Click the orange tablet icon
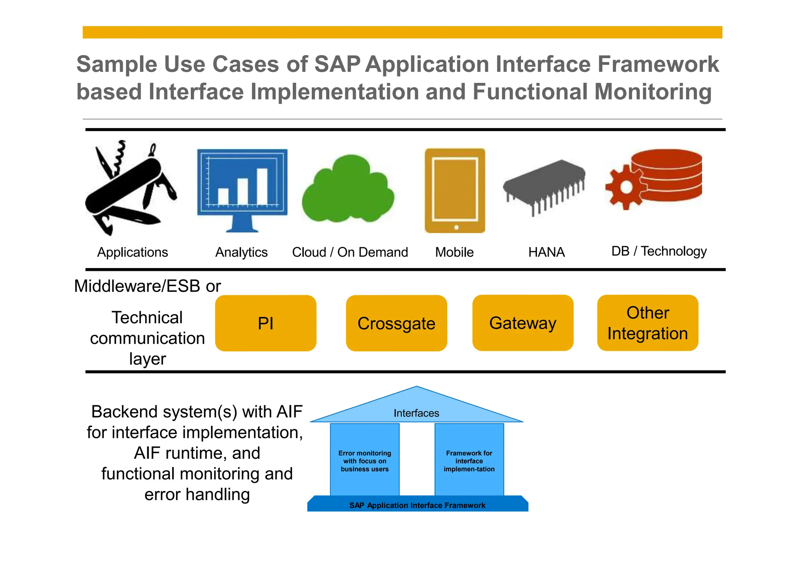(455, 191)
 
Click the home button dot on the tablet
(456, 227)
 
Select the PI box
(266, 323)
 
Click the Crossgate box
(396, 323)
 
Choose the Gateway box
(523, 323)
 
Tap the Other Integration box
(647, 323)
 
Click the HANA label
(546, 252)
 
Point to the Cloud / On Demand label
(350, 252)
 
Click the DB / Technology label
(659, 251)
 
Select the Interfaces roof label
(416, 413)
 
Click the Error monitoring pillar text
(365, 461)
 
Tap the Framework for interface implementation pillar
(469, 461)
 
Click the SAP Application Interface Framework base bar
(417, 505)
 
